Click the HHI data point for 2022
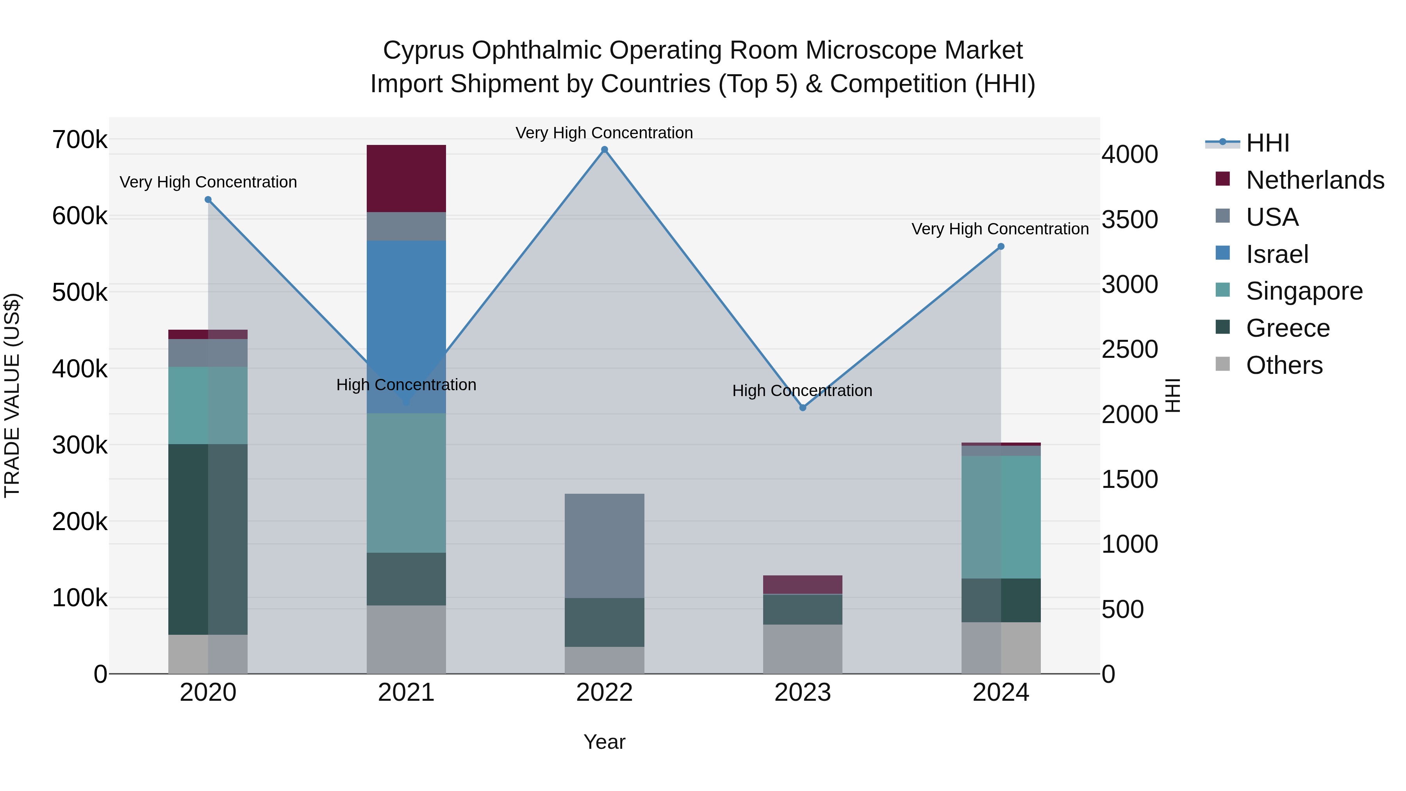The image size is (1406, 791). [604, 150]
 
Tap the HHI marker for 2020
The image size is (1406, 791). [208, 200]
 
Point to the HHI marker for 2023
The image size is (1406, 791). [802, 408]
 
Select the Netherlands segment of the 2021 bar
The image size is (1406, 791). [406, 179]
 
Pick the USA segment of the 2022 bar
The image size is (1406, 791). [604, 546]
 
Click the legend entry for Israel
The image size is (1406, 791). [1277, 254]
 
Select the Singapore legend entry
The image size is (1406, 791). [1304, 291]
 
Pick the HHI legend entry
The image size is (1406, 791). [1267, 143]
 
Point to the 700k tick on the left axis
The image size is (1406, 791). [80, 140]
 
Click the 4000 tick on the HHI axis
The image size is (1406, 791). [1129, 154]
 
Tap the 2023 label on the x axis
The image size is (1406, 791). [802, 693]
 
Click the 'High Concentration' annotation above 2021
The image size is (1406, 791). [406, 385]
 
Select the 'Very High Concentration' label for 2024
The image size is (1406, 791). [1000, 229]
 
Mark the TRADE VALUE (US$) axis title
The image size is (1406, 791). [12, 395]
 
